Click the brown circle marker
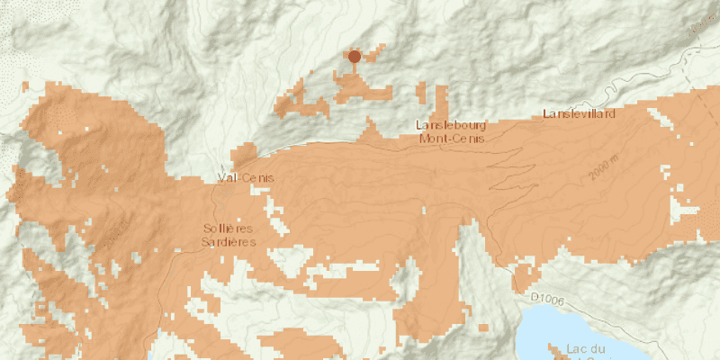(355, 57)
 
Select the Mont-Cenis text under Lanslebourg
(452, 139)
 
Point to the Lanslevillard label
(579, 114)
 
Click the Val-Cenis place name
(245, 178)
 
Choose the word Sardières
(229, 242)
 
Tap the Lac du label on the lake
(586, 348)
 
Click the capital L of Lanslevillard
(545, 114)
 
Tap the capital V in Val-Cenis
(221, 178)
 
